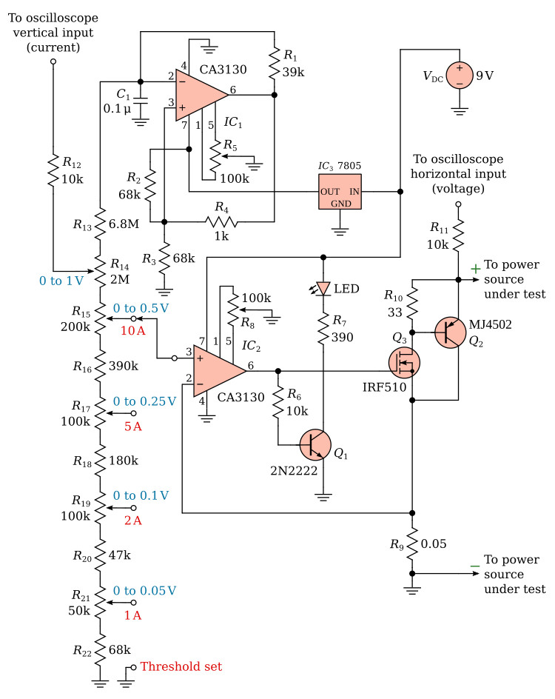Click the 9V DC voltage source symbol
pos(460,76)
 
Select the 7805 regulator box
pos(340,192)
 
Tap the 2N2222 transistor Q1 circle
pos(315,444)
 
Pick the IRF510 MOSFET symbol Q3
pos(404,362)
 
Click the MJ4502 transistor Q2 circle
pos(451,332)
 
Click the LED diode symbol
pos(323,289)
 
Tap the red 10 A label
pos(132,331)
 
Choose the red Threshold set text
pos(181,666)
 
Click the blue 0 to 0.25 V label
pos(144,401)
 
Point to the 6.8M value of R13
pos(124,224)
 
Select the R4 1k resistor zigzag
pos(221,221)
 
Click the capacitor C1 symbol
pos(141,101)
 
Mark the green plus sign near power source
pos(476,268)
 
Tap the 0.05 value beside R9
pos(434,544)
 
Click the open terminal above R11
pos(458,204)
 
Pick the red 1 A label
pos(132,615)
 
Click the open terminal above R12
pos(53,62)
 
